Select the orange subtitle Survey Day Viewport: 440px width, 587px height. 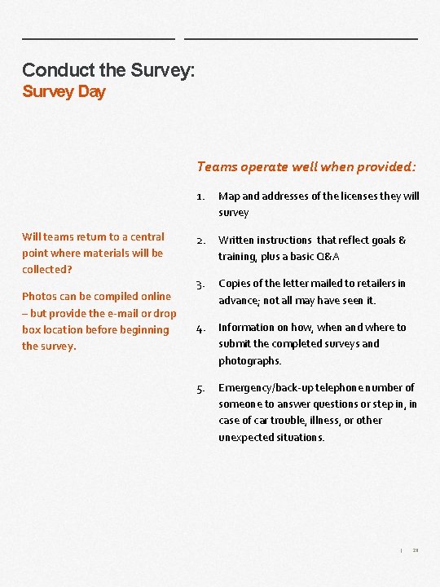click(x=64, y=91)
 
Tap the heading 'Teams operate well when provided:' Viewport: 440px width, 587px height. click(x=306, y=166)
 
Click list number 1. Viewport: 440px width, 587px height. click(x=200, y=196)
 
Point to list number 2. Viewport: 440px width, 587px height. click(x=200, y=241)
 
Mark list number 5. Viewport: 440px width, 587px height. click(x=200, y=388)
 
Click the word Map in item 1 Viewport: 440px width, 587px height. click(x=228, y=196)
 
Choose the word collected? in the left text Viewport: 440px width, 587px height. click(x=47, y=269)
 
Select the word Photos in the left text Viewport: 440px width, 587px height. click(x=38, y=297)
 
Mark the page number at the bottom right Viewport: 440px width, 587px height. click(x=416, y=550)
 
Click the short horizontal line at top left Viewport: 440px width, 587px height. click(x=98, y=38)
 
